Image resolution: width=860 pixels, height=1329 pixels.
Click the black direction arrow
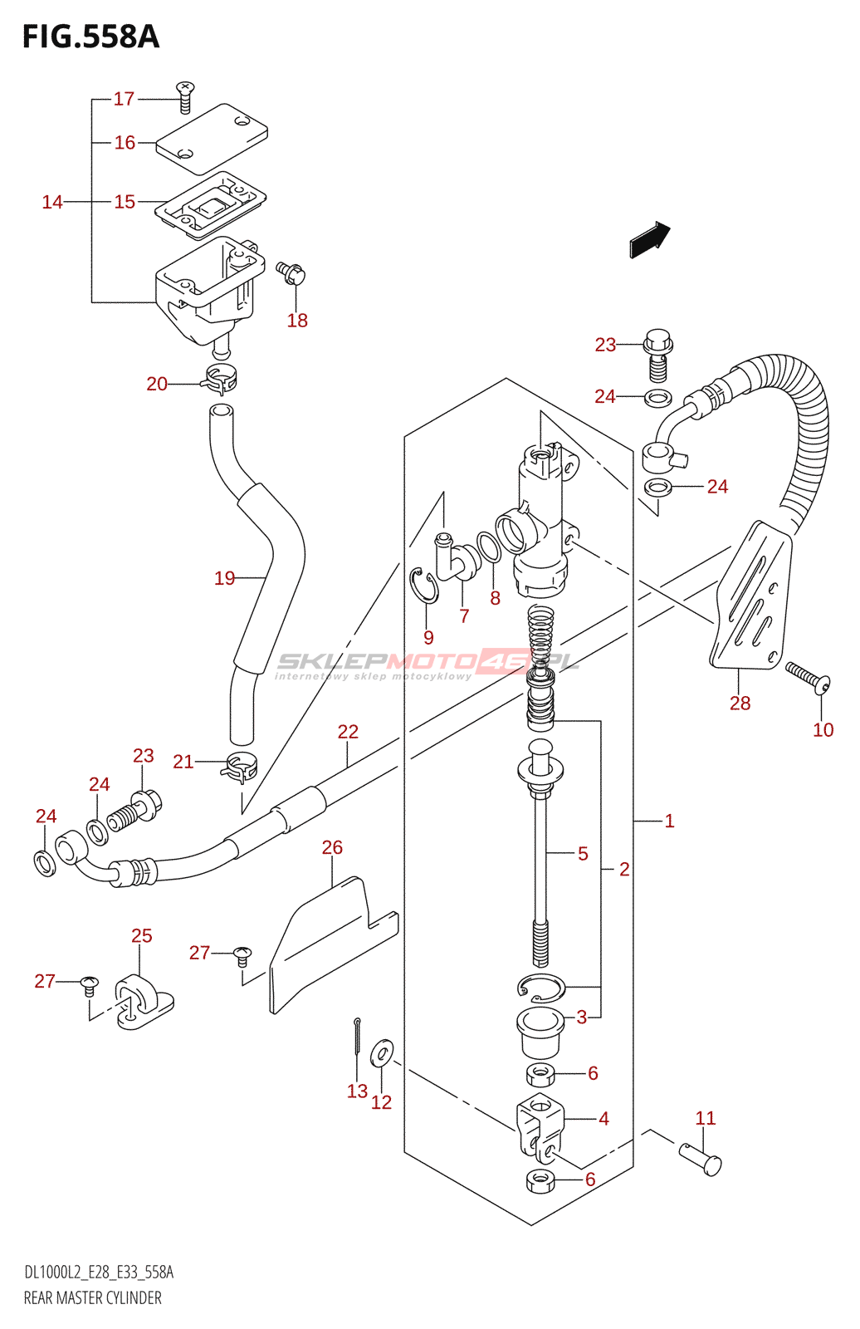coord(649,239)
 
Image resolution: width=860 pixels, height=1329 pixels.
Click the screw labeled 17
coord(186,98)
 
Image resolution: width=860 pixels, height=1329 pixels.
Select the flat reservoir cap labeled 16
coord(212,139)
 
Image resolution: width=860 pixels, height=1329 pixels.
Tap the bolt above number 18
coord(291,272)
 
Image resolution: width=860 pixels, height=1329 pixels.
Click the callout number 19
coord(225,578)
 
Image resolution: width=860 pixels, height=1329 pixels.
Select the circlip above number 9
coord(424,586)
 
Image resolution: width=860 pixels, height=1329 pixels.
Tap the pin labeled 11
coord(701,1159)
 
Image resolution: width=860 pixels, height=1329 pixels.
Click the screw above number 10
coord(808,678)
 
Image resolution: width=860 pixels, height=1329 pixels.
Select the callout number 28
coord(740,703)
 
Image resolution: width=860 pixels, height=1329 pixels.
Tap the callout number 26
coord(332,847)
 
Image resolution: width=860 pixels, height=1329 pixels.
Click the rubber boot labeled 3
coord(540,1032)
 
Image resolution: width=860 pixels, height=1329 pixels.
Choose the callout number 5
coord(583,854)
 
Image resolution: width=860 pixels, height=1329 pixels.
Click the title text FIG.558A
coord(90,37)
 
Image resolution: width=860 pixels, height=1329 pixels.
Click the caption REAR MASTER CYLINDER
coord(92,1298)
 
